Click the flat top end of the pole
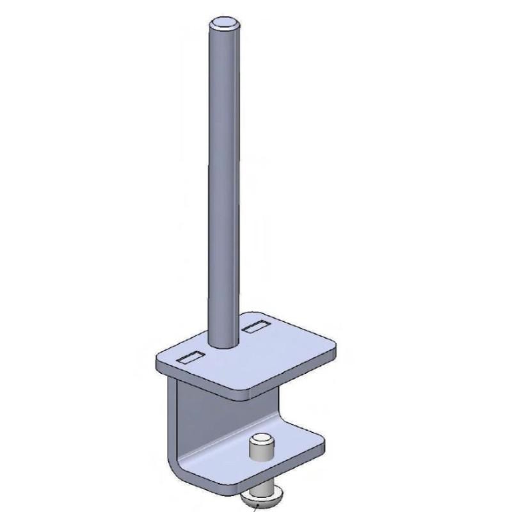225,24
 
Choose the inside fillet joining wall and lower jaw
192,460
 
